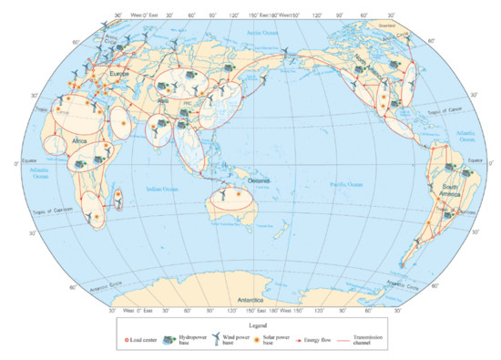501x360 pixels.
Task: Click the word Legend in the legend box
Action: click(x=249, y=323)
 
